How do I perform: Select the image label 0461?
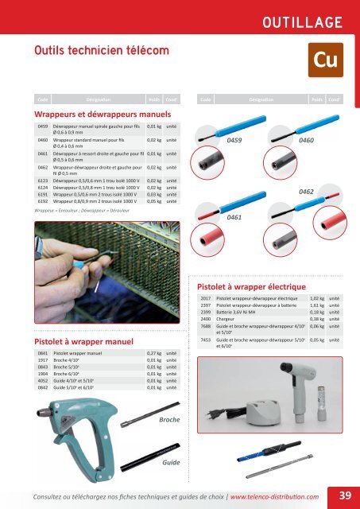(235, 216)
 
